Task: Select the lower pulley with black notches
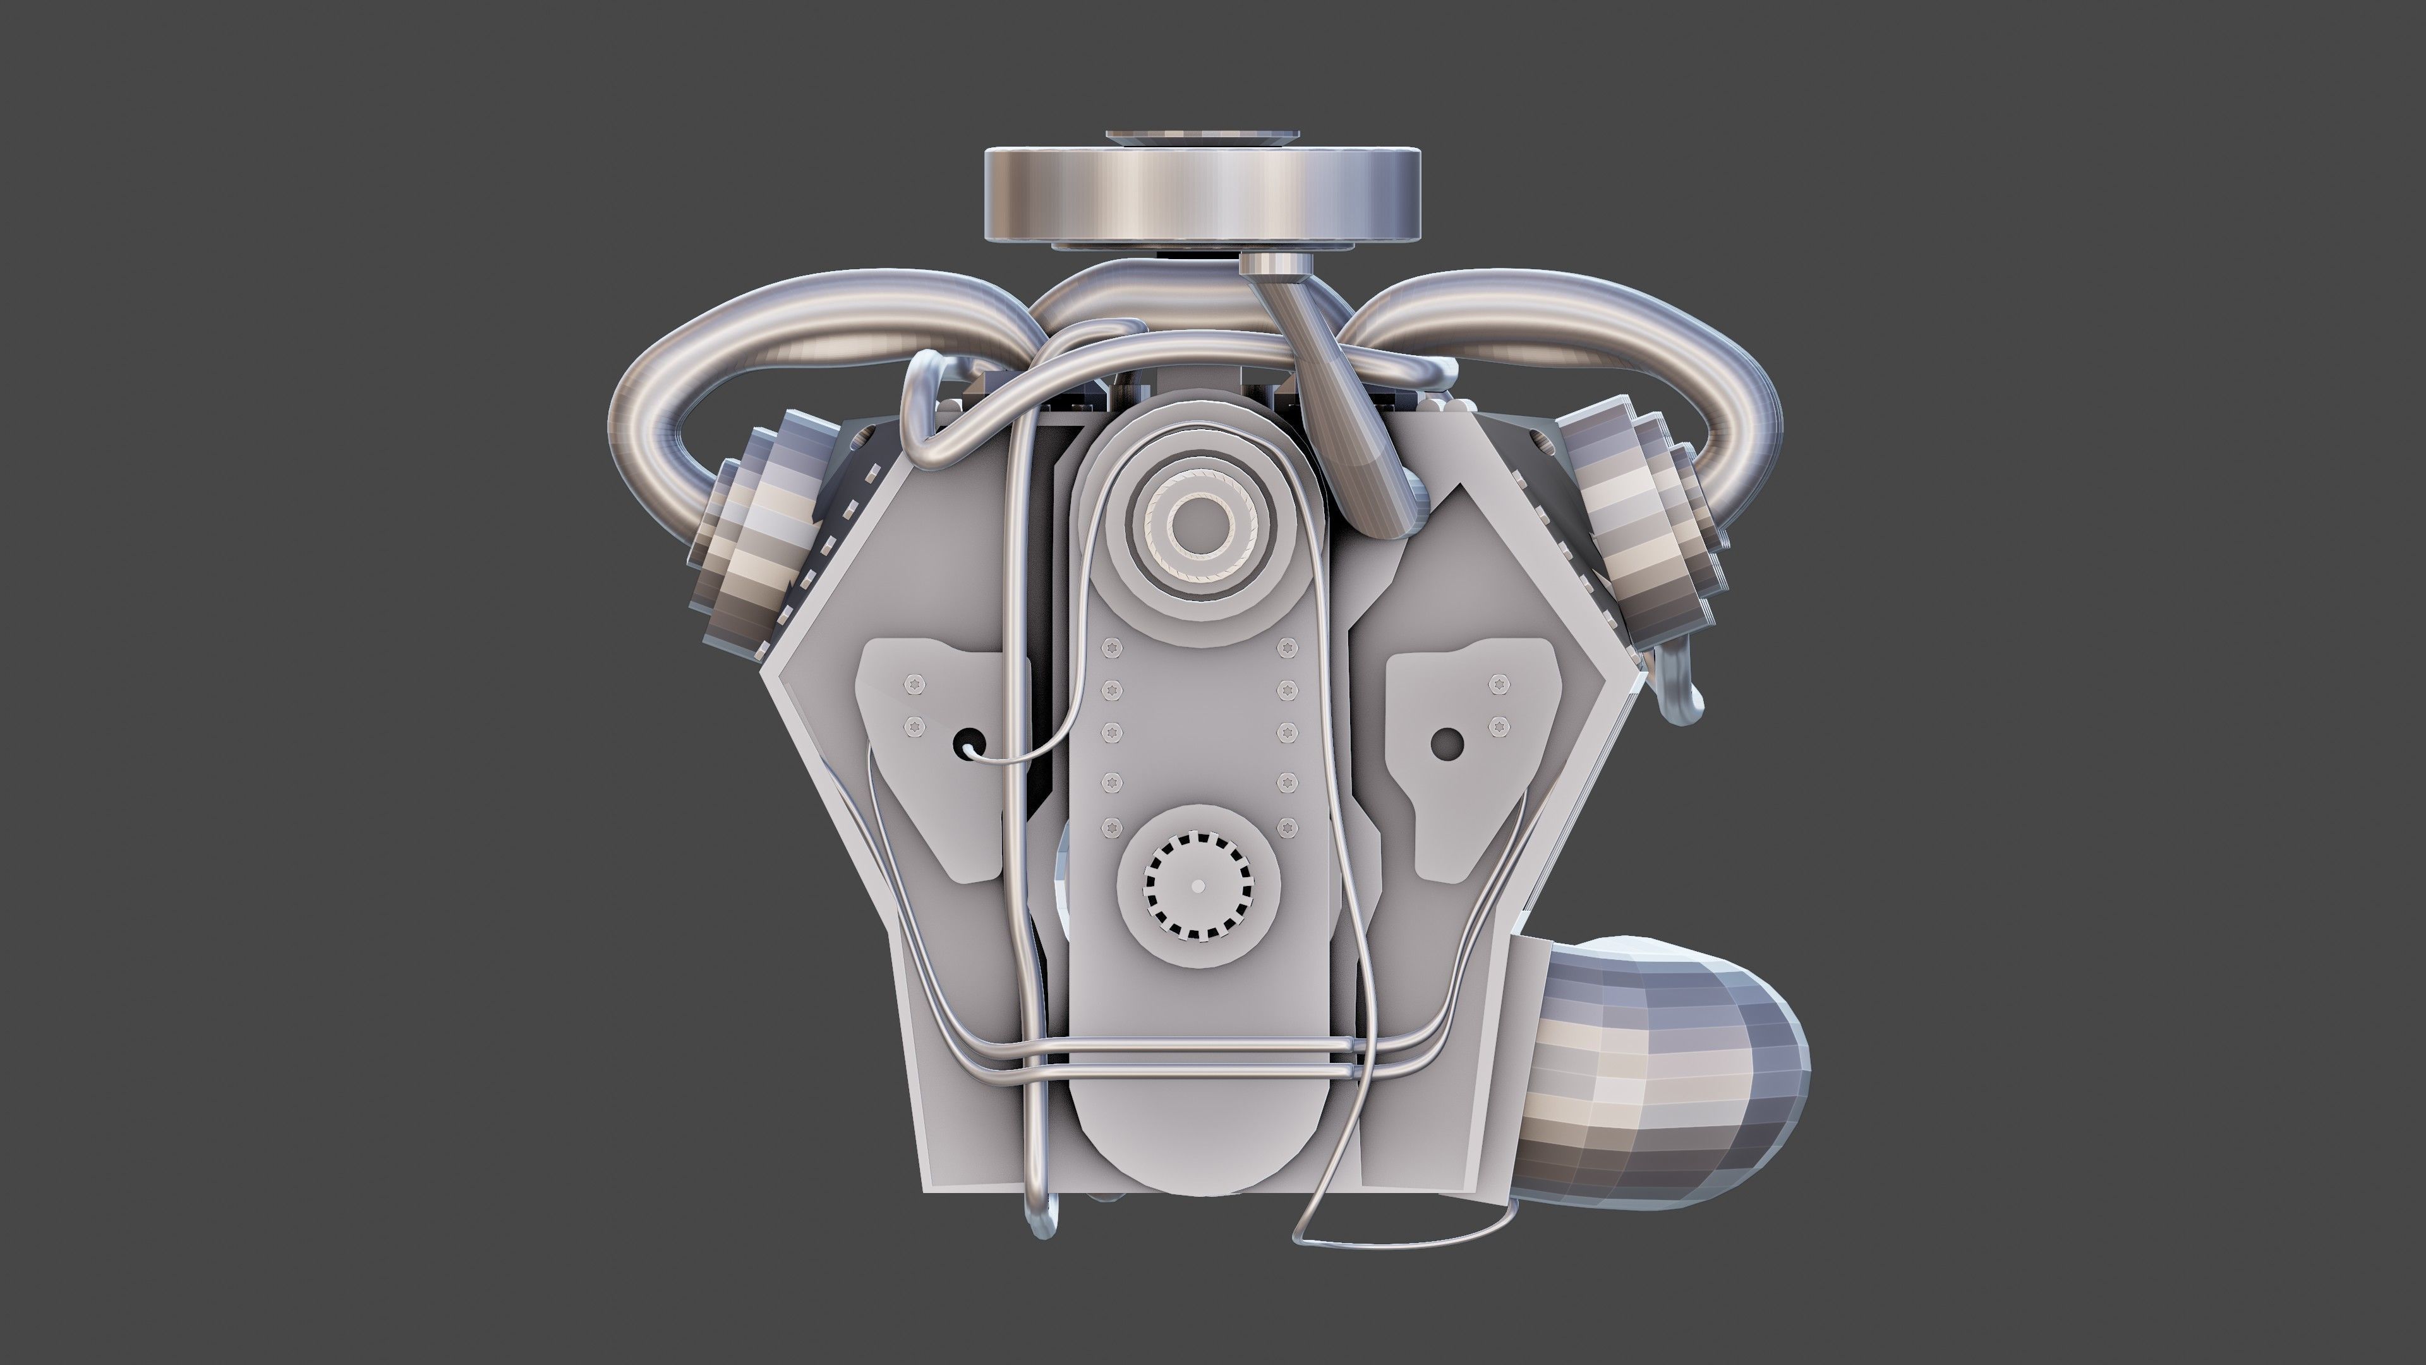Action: (x=1198, y=885)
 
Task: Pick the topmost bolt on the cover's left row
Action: (x=1111, y=647)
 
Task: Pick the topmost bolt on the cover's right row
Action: (x=1286, y=647)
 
